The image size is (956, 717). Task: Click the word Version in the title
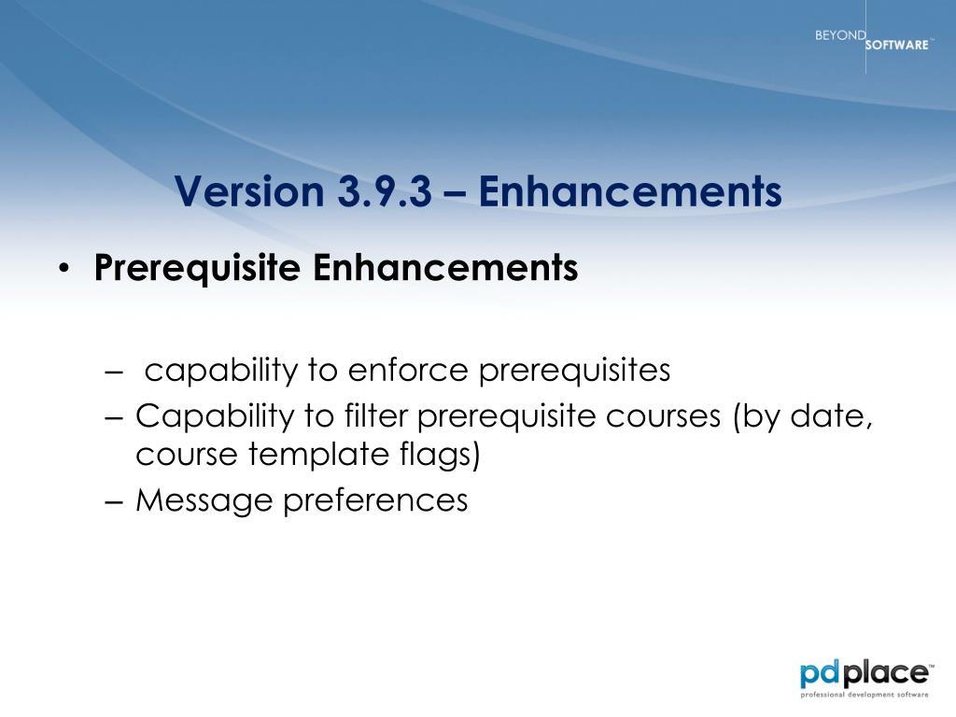coord(248,191)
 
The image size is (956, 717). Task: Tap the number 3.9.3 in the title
coord(385,191)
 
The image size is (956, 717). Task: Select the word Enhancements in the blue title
coord(630,191)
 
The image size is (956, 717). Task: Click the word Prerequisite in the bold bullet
coord(198,268)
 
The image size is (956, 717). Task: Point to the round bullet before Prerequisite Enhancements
coord(64,269)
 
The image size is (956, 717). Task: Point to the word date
coord(831,416)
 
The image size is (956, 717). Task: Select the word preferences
coord(375,501)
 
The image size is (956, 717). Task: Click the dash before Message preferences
coord(114,501)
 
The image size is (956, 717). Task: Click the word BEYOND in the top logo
coord(840,35)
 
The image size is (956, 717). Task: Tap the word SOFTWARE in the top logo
coord(897,45)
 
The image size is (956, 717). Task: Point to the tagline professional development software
coord(864,695)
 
